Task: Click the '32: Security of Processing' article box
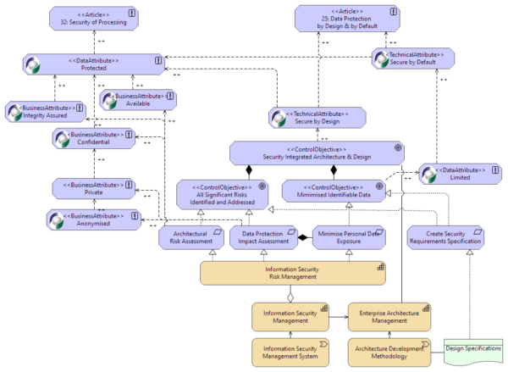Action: (96, 18)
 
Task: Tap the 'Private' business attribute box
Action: (93, 187)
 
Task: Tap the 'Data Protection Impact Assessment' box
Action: (262, 237)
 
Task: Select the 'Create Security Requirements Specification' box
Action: (444, 237)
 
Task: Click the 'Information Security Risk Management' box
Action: (293, 273)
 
